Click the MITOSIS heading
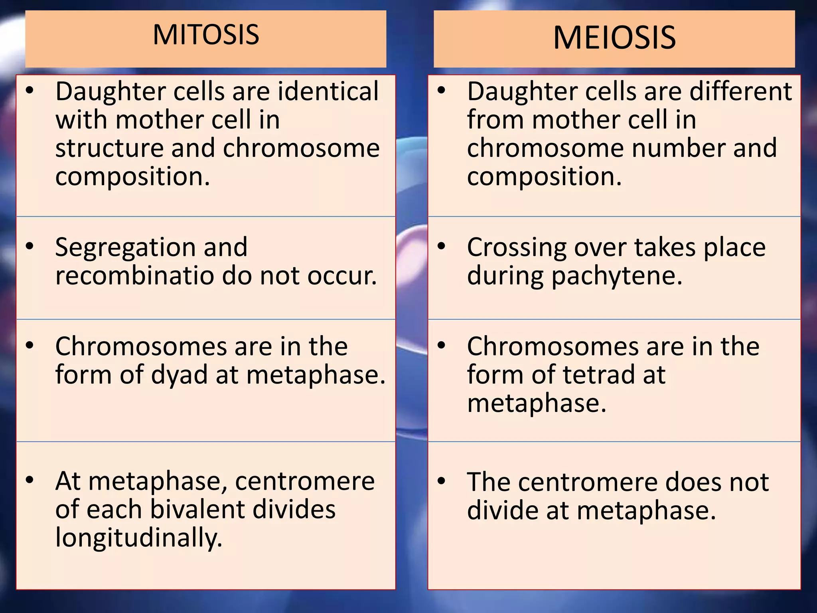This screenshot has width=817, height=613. point(206,35)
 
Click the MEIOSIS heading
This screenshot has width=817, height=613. point(614,38)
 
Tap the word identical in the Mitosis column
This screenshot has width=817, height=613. point(328,91)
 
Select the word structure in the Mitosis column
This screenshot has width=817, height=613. point(109,148)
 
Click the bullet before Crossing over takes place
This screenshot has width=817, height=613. point(441,247)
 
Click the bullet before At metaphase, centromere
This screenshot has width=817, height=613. point(29,481)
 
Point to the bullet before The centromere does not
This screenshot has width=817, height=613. point(441,481)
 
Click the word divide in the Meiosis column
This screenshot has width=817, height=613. point(503,510)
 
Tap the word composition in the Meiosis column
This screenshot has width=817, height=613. point(544,176)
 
